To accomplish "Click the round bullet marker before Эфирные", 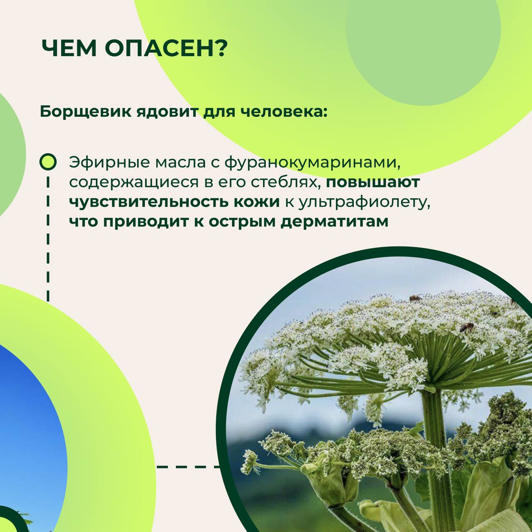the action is pyautogui.click(x=48, y=162).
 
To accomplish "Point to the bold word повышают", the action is pyautogui.click(x=373, y=182).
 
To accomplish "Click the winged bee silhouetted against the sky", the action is pyautogui.click(x=416, y=298).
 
